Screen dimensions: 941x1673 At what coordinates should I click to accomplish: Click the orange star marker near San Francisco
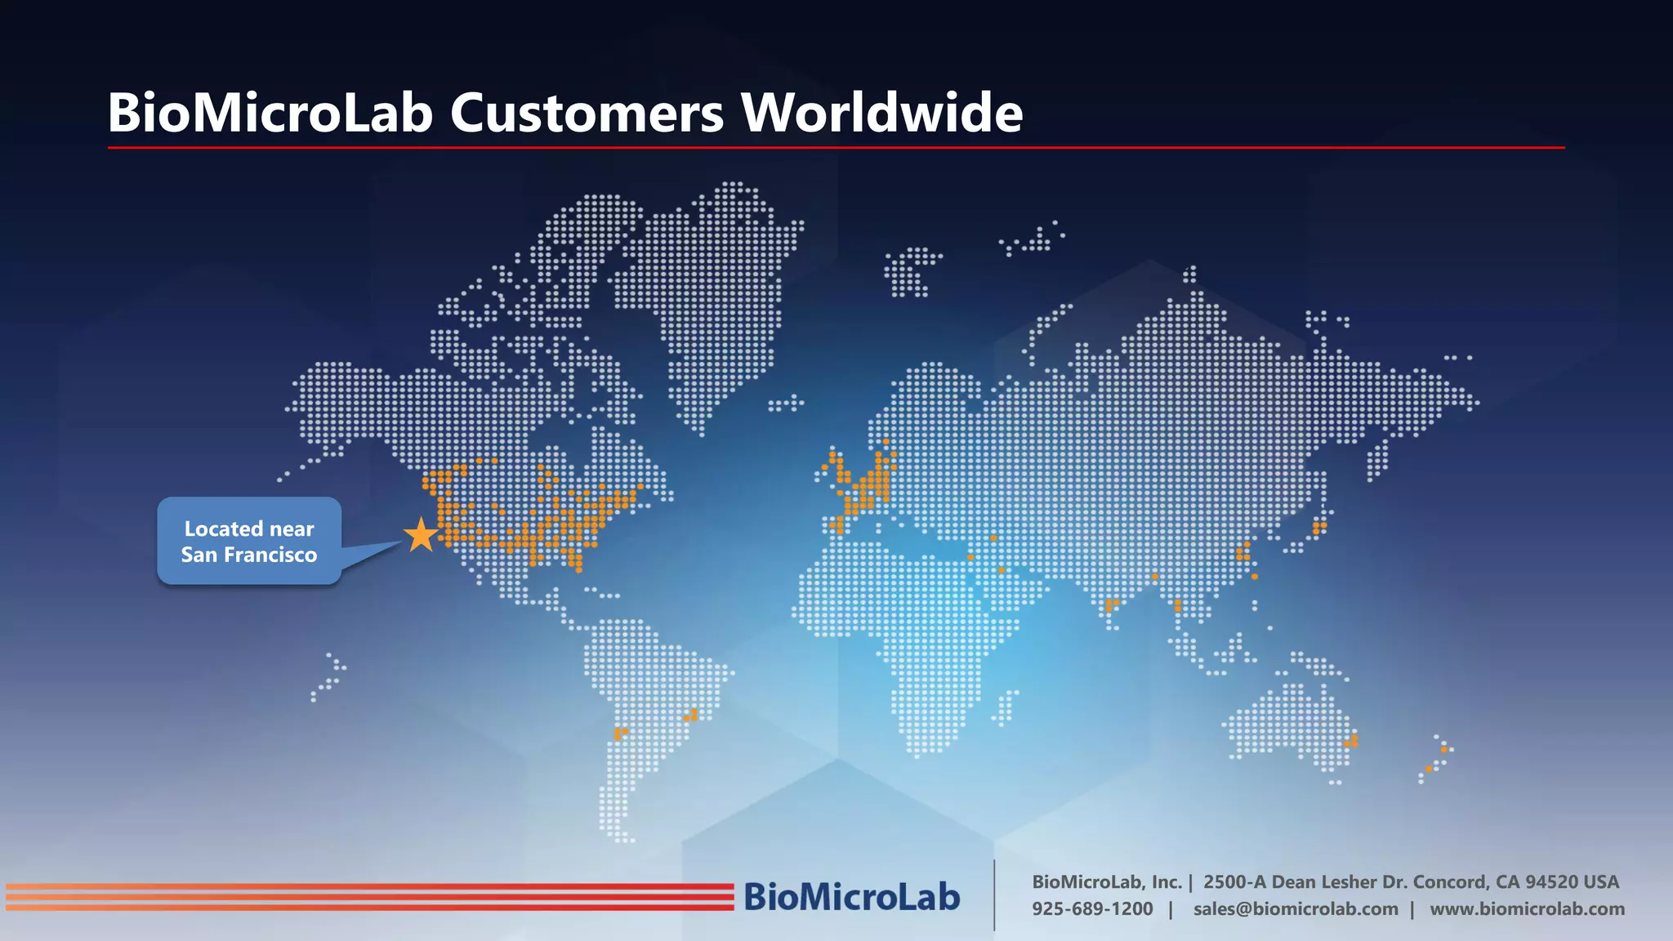tap(422, 535)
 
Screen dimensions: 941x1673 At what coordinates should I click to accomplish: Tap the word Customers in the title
tap(587, 113)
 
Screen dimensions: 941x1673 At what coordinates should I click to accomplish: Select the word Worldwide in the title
tap(881, 113)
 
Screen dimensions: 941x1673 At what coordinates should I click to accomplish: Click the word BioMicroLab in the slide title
tap(270, 113)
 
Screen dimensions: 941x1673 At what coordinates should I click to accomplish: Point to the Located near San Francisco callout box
tap(249, 541)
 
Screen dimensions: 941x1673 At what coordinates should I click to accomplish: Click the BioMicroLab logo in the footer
tap(851, 897)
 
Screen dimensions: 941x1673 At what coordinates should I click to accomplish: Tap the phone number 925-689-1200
tap(1092, 909)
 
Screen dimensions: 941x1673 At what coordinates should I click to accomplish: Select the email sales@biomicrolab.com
tap(1296, 909)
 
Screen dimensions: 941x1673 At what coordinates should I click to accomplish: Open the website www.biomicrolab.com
tap(1527, 909)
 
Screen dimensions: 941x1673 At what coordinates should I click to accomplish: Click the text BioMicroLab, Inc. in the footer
tap(1107, 882)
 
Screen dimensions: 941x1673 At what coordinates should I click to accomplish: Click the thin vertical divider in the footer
tap(994, 895)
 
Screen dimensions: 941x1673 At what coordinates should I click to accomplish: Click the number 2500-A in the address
tap(1234, 882)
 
